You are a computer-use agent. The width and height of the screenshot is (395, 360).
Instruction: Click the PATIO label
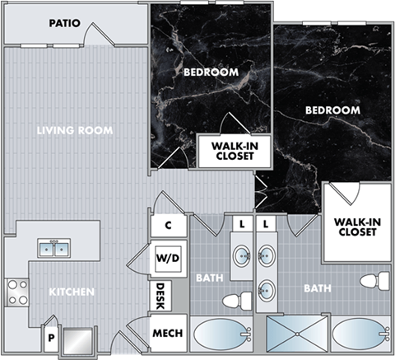point(64,23)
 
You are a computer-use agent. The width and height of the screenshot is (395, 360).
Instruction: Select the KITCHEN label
point(71,292)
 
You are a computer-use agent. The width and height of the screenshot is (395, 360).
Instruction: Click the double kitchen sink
point(55,247)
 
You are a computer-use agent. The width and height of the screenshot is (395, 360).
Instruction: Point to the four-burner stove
point(17,291)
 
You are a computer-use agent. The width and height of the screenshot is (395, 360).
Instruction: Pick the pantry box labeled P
point(51,338)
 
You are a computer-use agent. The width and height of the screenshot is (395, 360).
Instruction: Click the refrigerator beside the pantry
point(78,339)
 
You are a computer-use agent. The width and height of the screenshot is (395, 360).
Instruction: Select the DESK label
point(161,295)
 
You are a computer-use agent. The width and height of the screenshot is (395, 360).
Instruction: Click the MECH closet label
point(169,335)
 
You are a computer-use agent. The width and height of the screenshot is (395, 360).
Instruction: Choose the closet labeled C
point(168,225)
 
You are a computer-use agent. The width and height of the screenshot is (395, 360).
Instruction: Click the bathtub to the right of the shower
point(360,336)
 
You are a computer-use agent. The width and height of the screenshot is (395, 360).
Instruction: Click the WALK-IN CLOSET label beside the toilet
point(355,227)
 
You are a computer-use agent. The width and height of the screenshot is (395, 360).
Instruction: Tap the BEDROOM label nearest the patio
point(211,72)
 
